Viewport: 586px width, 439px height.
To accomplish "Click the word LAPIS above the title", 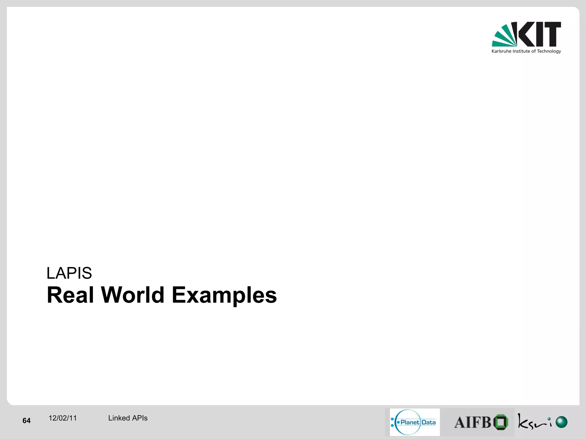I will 69,273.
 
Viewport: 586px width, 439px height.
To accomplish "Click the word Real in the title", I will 70,295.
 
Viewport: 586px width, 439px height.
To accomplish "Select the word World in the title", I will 132,295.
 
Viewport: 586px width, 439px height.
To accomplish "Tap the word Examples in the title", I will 224,296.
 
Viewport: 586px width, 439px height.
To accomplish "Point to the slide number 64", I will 27,420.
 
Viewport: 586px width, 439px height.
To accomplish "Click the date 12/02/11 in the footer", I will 63,418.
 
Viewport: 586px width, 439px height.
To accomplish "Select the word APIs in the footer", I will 140,418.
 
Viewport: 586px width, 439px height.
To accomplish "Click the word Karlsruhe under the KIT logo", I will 501,51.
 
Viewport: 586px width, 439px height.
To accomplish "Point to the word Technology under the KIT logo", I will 549,51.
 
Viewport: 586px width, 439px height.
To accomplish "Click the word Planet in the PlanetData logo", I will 410,422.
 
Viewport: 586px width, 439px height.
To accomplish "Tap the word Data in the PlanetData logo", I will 429,422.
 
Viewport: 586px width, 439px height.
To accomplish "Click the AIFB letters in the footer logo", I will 472,422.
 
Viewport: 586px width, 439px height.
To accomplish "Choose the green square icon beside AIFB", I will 502,422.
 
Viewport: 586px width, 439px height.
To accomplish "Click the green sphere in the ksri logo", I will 561,422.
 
